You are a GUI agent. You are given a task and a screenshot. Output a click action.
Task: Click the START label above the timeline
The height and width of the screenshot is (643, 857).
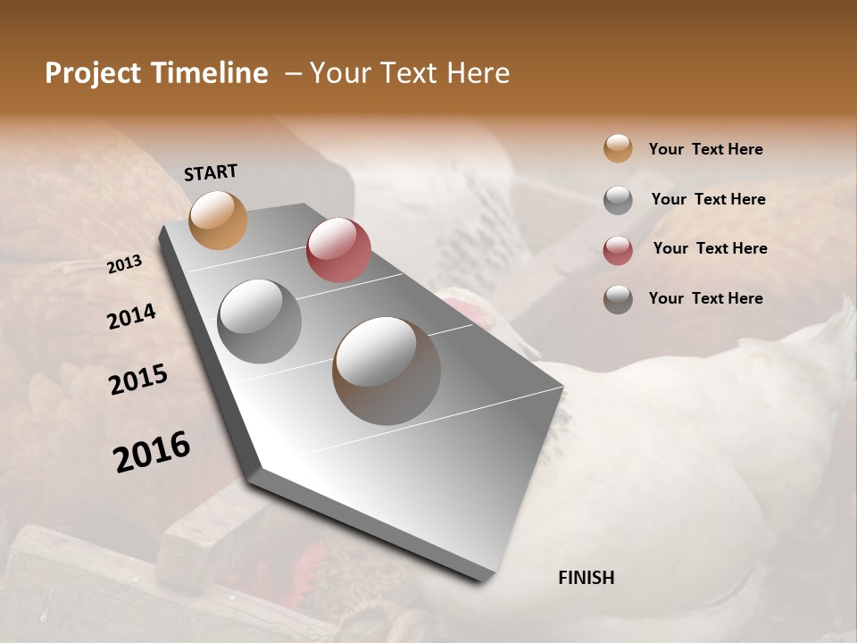[x=211, y=172]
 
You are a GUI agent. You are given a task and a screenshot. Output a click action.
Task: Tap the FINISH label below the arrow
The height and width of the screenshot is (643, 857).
[x=586, y=578]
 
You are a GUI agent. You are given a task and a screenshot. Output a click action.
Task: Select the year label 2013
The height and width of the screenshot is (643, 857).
[x=125, y=263]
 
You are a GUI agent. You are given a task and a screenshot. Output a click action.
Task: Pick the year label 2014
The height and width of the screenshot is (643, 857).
[x=131, y=316]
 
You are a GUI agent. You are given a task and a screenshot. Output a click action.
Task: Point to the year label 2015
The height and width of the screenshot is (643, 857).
[x=138, y=380]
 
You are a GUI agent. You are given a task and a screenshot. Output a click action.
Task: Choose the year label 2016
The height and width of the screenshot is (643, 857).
[x=152, y=451]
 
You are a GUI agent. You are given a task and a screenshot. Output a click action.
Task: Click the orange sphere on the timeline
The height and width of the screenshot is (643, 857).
[x=218, y=220]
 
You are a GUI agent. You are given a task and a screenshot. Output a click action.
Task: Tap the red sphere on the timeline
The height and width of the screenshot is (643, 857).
[x=338, y=249]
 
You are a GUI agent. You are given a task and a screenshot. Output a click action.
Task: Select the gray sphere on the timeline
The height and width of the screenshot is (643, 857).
[x=259, y=321]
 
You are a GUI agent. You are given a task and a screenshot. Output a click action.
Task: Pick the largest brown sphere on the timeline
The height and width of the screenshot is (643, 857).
[x=386, y=371]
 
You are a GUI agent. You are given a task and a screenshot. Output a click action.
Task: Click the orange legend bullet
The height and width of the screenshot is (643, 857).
[x=618, y=149]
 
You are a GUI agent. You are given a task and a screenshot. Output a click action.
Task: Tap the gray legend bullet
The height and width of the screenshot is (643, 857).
[x=618, y=200]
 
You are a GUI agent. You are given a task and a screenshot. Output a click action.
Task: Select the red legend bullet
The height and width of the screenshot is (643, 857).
[x=618, y=249]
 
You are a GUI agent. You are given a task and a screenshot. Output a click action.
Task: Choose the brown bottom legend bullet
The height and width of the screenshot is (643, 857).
[x=618, y=299]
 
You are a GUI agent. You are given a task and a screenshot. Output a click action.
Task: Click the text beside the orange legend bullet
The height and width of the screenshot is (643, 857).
[x=705, y=149]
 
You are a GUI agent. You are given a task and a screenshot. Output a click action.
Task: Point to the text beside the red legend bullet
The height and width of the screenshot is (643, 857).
[x=710, y=248]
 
